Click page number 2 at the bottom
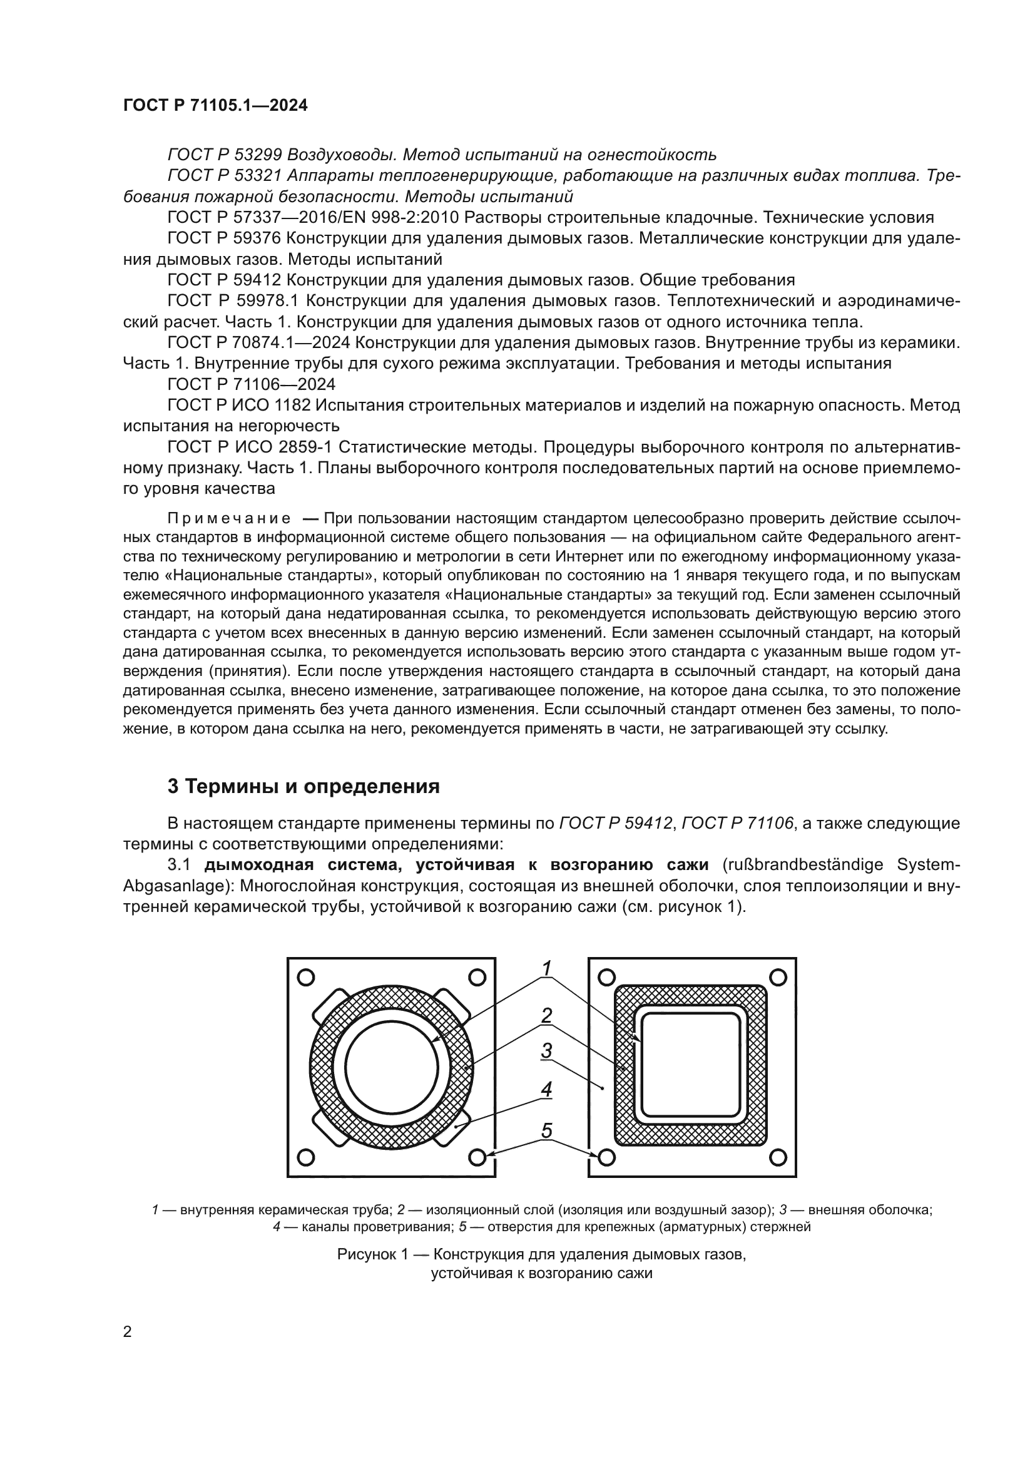pyautogui.click(x=127, y=1331)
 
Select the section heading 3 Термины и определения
pyautogui.click(x=303, y=786)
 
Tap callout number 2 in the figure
pyautogui.click(x=546, y=1015)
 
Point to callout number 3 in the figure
pyautogui.click(x=546, y=1050)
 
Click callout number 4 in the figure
pyautogui.click(x=546, y=1090)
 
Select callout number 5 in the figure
pyautogui.click(x=546, y=1130)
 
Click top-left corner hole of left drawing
pyautogui.click(x=307, y=978)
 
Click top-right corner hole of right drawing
pyautogui.click(x=778, y=978)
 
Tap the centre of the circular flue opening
pyautogui.click(x=391, y=1068)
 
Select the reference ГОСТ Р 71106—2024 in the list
pyautogui.click(x=251, y=384)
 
